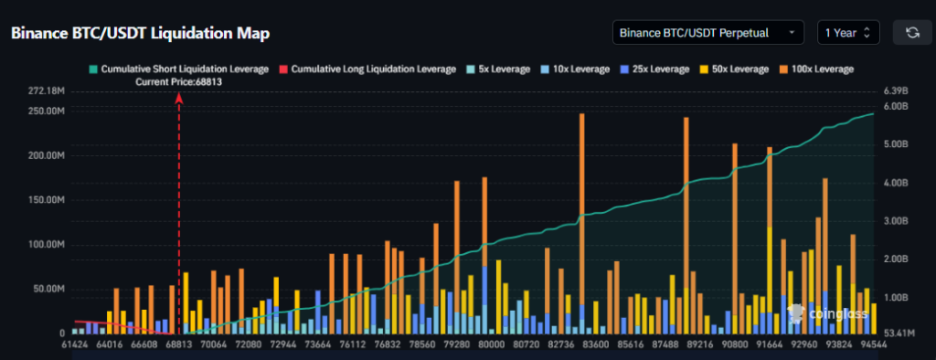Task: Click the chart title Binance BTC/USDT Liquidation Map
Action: pos(140,33)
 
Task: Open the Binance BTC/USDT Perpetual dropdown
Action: pos(707,33)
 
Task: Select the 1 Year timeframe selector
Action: pos(848,33)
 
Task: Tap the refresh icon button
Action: pos(911,33)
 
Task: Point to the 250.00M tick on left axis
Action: pos(45,111)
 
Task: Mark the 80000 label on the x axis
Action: pos(492,346)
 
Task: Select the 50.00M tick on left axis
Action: pos(48,289)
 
